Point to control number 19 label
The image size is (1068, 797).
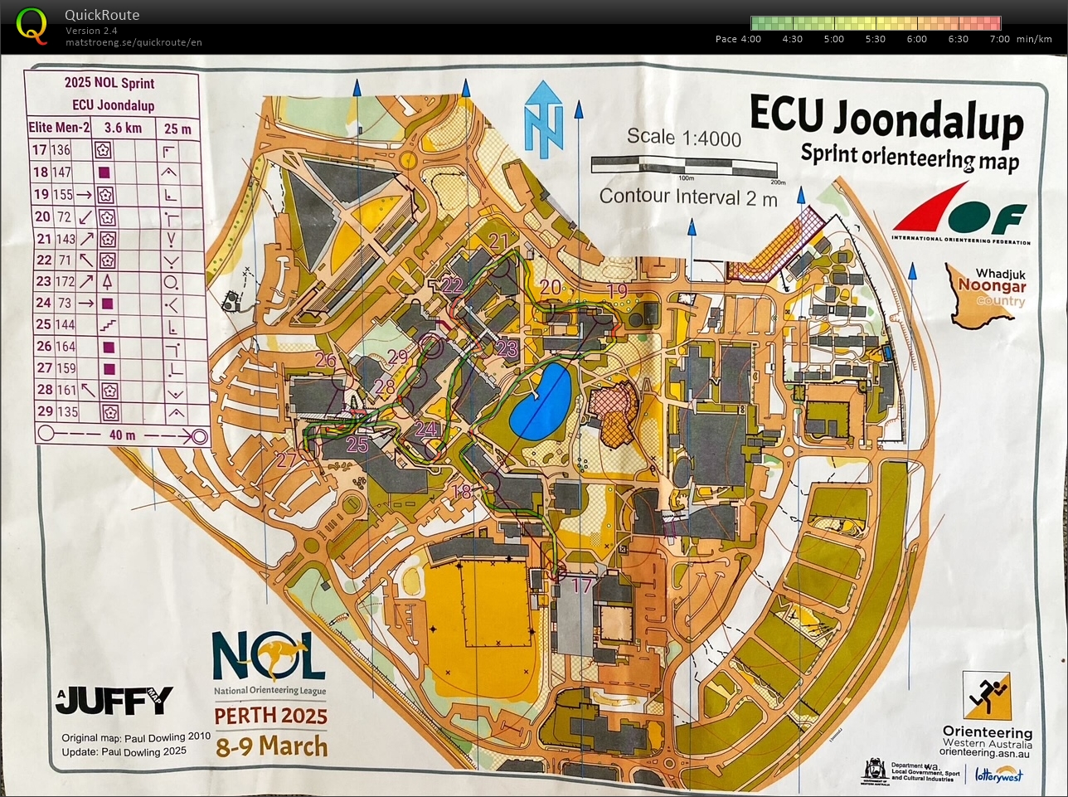[617, 291]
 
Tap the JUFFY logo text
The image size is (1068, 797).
[116, 700]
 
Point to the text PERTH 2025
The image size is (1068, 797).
[270, 715]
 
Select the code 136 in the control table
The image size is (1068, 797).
[61, 150]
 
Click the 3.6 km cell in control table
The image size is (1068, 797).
[122, 128]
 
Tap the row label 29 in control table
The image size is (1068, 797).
[44, 411]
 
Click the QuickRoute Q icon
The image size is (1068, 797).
[32, 25]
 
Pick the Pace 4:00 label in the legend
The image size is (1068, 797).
[737, 39]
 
